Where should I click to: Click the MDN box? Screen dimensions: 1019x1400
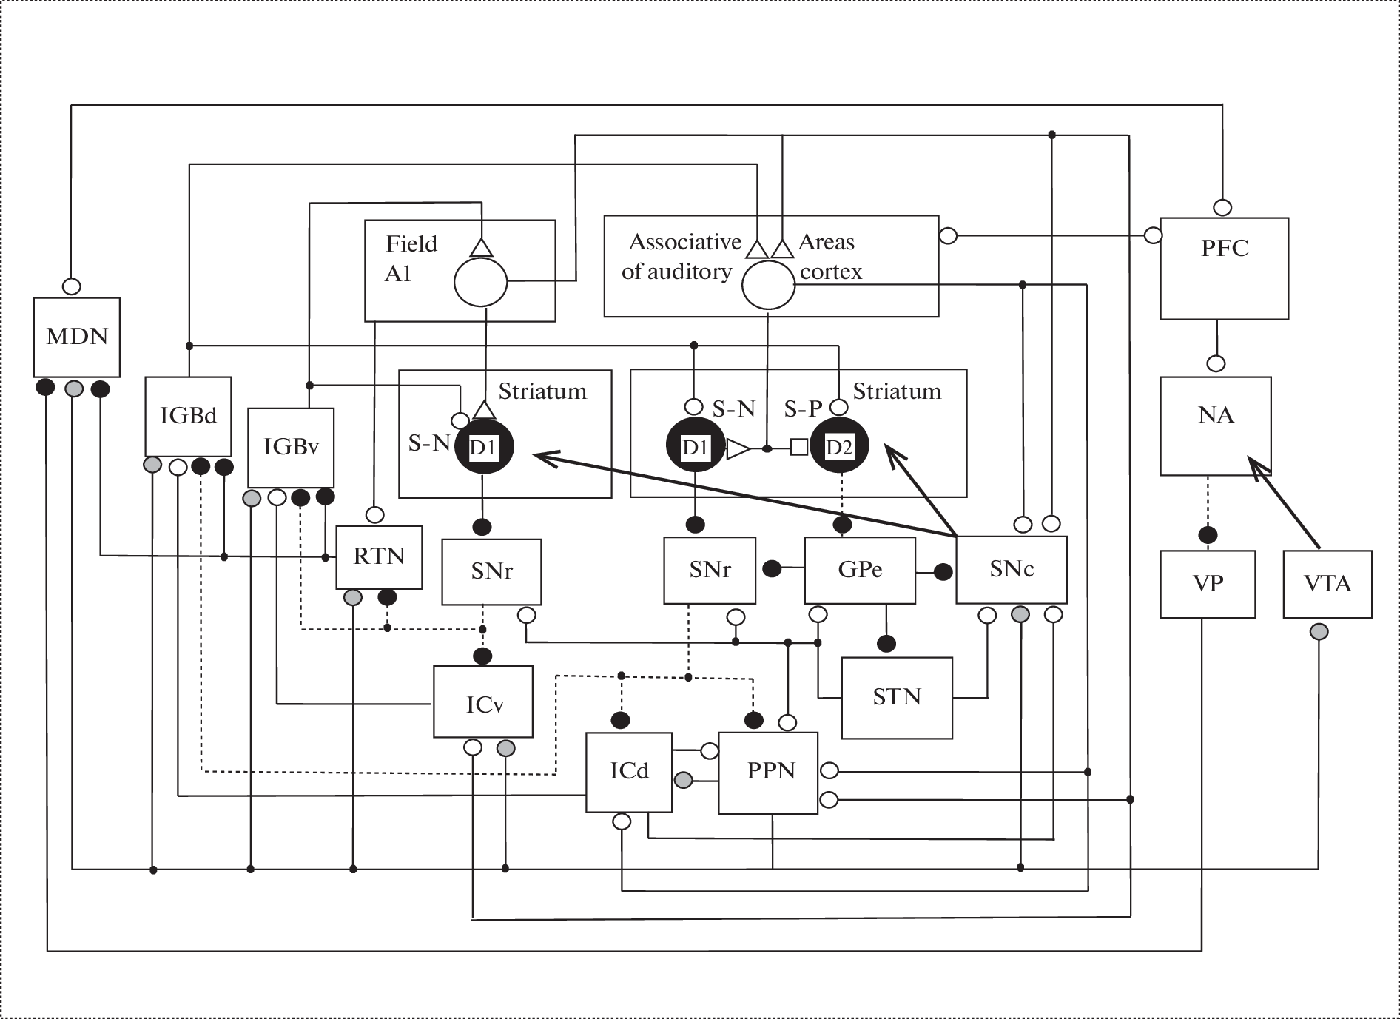point(77,337)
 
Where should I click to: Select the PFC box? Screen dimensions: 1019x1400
point(1224,268)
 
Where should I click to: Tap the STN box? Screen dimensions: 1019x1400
point(897,697)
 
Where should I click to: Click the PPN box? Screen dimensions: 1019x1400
point(768,773)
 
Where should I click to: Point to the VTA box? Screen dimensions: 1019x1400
point(1327,584)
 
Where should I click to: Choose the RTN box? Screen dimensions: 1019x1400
point(379,556)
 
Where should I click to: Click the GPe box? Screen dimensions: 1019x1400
point(860,570)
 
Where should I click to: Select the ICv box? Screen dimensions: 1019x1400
point(483,702)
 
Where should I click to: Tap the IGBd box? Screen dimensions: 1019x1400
point(188,416)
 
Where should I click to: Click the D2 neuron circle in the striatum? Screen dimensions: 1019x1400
point(839,447)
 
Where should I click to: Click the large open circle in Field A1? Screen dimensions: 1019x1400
point(480,282)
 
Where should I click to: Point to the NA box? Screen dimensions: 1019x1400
point(1215,426)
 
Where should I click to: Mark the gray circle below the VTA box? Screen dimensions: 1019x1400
point(1319,632)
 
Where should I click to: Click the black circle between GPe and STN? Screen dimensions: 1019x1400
point(886,643)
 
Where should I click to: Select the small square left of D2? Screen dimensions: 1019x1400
point(799,448)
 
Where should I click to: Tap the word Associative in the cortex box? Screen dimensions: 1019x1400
point(685,242)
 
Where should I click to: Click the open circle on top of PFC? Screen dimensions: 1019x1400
point(1222,206)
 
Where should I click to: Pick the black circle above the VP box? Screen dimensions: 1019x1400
point(1208,534)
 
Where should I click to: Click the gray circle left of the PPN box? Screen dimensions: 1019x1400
point(684,779)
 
